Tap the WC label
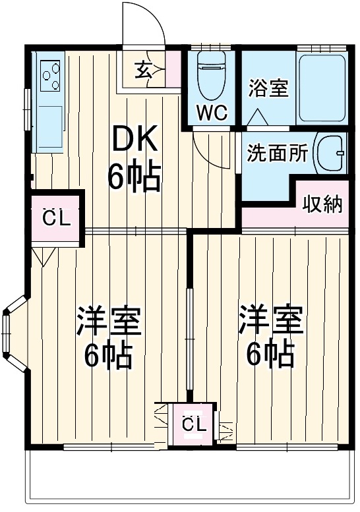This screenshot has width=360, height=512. (212, 113)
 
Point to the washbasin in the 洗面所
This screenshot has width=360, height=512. (332, 154)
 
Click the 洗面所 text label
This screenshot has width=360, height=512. (278, 154)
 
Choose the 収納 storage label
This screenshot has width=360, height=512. (322, 204)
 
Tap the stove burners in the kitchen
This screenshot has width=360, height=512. (50, 76)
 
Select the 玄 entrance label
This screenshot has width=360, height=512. (143, 69)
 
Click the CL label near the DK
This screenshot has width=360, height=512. (56, 218)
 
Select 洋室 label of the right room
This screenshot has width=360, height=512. (270, 322)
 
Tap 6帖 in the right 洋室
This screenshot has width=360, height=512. (270, 356)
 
